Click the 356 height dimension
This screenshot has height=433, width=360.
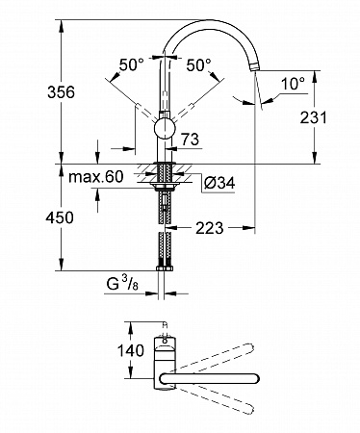(61, 92)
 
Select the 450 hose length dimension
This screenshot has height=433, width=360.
(60, 217)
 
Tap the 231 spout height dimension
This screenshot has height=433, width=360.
(313, 117)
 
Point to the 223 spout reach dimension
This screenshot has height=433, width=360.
(209, 228)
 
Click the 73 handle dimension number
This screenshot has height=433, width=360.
(190, 139)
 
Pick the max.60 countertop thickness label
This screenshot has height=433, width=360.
(96, 177)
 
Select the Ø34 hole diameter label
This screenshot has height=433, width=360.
(219, 183)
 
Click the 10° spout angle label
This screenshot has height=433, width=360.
(293, 84)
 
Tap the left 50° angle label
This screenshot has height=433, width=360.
(131, 64)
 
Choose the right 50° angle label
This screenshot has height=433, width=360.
(198, 64)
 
